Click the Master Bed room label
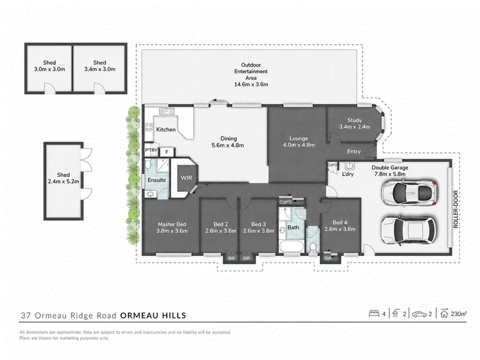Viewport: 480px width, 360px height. (x=172, y=224)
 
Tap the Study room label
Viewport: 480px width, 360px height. (x=355, y=121)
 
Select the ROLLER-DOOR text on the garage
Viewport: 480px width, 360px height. (x=456, y=209)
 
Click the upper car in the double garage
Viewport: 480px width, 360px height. (x=409, y=193)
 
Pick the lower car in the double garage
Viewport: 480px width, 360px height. (x=409, y=230)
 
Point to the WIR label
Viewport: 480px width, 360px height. (x=186, y=178)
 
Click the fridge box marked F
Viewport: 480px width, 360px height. (x=167, y=152)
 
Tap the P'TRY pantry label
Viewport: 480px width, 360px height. (x=151, y=151)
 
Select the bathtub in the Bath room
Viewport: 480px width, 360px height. (x=292, y=247)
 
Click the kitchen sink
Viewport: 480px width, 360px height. (x=167, y=111)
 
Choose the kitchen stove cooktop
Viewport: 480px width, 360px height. (x=148, y=127)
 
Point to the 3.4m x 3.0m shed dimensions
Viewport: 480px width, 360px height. (x=100, y=69)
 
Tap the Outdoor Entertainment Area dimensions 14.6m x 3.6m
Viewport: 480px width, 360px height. (x=251, y=84)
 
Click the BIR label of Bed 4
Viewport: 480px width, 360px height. (x=328, y=259)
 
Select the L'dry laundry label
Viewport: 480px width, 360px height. (x=348, y=174)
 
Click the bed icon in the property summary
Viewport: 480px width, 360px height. (x=374, y=314)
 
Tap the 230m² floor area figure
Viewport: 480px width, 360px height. (x=458, y=314)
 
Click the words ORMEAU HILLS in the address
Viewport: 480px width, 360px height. (x=153, y=316)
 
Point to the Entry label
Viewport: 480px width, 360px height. (x=353, y=151)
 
